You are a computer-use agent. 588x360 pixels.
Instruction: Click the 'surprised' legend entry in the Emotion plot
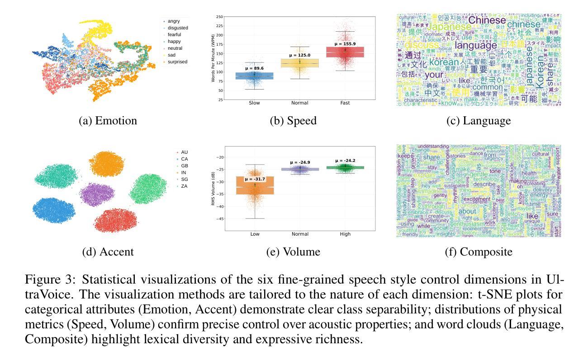click(x=177, y=62)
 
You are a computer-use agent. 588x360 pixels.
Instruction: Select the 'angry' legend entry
click(x=173, y=21)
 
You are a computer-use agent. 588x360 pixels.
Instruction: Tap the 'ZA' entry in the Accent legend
click(x=184, y=186)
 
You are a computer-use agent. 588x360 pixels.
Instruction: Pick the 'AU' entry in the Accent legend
click(x=184, y=152)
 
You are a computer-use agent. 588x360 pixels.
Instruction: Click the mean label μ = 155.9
click(x=345, y=44)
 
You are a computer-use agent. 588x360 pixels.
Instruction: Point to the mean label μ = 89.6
click(x=254, y=68)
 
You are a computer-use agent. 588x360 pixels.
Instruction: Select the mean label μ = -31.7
click(x=255, y=179)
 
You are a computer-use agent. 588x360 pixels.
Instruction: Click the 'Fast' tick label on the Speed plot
click(x=345, y=103)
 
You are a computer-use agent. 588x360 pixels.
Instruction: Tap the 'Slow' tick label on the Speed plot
click(x=254, y=103)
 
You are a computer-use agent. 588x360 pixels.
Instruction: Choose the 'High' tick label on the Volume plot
click(x=345, y=234)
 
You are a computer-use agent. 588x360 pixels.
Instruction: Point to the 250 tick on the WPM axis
click(x=219, y=17)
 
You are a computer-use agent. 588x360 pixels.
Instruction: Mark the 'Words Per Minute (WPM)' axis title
click(x=213, y=58)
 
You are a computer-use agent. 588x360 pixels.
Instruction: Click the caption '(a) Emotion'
click(x=108, y=121)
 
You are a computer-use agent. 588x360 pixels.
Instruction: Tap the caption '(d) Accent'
click(x=108, y=252)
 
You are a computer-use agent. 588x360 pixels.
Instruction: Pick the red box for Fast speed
click(x=345, y=52)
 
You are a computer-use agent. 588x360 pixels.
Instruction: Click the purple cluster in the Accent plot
click(x=97, y=194)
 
